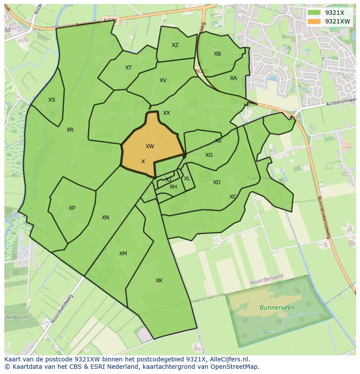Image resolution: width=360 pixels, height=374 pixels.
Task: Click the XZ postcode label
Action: (x=175, y=45)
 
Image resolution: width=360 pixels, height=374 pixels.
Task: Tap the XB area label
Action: (x=217, y=54)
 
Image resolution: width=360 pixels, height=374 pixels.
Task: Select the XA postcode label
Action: (x=233, y=78)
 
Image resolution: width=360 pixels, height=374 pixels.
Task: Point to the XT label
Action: (x=128, y=67)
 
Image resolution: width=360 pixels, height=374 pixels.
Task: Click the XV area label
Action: (x=163, y=80)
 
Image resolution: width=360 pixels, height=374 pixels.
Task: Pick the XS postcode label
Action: (x=52, y=100)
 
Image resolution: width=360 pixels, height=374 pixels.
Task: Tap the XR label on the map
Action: (x=70, y=130)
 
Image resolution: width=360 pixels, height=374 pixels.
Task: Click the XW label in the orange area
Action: (x=150, y=146)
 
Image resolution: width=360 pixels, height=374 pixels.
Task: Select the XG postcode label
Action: (x=209, y=155)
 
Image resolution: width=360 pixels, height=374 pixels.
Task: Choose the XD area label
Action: (x=217, y=182)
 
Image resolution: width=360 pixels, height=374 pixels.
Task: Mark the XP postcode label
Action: (x=72, y=208)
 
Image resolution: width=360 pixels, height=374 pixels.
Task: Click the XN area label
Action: (x=105, y=218)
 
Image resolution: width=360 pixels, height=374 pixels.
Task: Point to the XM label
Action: (x=123, y=254)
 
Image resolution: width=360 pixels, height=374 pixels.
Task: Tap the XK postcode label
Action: (x=159, y=281)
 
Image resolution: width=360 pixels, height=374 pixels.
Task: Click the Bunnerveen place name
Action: (x=277, y=308)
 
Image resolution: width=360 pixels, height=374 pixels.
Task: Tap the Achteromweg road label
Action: (x=340, y=103)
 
